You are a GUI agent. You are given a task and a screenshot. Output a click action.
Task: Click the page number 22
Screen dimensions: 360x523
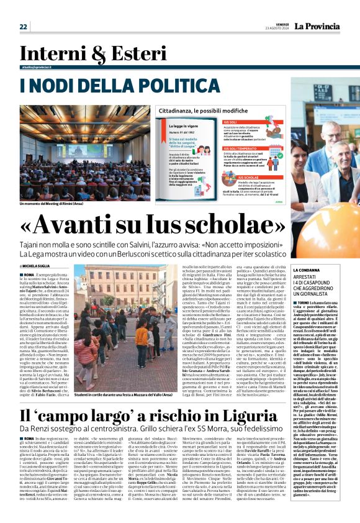24,27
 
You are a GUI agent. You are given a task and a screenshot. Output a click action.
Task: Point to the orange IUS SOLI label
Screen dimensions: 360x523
230,122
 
